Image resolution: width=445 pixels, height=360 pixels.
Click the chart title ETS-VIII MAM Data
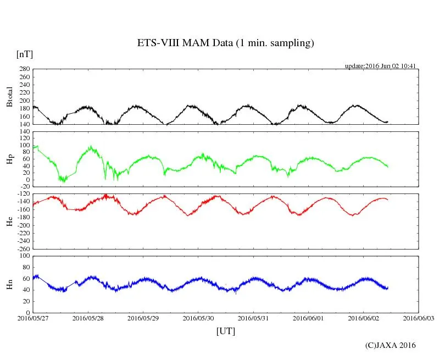225,43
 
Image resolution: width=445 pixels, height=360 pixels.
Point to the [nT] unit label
24,54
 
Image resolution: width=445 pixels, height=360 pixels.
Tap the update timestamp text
380,66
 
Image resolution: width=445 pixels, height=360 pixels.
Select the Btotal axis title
9,97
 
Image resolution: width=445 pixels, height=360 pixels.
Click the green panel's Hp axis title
9,159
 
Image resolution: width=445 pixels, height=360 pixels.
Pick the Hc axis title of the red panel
9,221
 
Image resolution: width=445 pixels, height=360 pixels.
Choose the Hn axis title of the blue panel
9,284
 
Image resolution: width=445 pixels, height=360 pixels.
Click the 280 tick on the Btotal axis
24,69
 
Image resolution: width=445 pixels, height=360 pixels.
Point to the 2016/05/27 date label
33,318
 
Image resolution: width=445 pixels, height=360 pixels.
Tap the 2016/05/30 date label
198,318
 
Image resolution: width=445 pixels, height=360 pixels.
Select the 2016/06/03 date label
419,318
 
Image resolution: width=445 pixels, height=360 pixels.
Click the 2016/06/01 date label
309,318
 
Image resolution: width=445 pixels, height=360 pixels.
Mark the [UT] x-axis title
225,331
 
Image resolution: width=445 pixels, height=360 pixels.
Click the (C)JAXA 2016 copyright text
391,345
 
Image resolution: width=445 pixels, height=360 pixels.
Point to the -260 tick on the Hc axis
23,248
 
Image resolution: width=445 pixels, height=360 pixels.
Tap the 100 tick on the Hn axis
24,256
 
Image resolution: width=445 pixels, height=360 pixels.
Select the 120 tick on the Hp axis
24,132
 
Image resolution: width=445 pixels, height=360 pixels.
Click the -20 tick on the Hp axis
24,187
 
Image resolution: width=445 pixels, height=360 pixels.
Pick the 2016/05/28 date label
88,318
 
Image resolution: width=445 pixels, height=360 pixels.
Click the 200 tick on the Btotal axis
24,101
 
